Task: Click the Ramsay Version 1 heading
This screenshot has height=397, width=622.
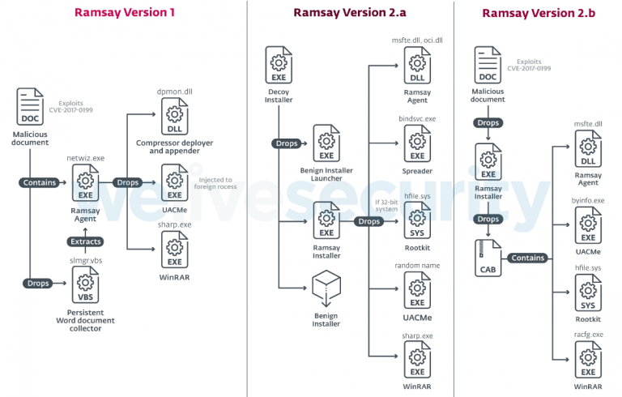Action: click(124, 12)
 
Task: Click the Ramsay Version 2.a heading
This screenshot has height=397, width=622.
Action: click(350, 12)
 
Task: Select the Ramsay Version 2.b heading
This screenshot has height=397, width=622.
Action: click(539, 12)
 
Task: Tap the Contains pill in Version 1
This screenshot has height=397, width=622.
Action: click(40, 182)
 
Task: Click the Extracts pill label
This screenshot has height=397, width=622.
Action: click(84, 241)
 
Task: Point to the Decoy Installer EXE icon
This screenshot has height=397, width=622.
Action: click(279, 66)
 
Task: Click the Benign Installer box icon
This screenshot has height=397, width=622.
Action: click(326, 286)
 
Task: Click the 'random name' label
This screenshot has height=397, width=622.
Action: click(417, 265)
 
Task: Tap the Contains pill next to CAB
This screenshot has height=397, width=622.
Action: click(529, 258)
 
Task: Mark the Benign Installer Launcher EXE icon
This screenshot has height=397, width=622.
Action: click(326, 144)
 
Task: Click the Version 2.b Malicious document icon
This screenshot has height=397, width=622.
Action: click(488, 64)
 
